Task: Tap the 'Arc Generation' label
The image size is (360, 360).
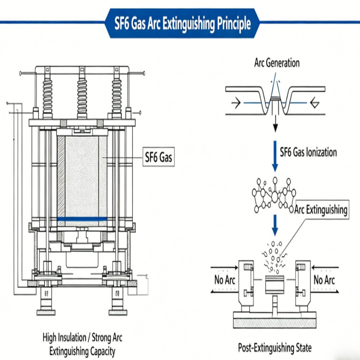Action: tap(276, 63)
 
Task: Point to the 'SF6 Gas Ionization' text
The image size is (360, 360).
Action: tap(308, 152)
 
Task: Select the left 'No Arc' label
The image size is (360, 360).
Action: tap(224, 280)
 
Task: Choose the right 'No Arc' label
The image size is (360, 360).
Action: tap(324, 280)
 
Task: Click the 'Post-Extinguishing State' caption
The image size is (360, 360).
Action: tap(275, 348)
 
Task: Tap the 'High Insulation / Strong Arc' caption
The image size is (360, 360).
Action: tap(82, 338)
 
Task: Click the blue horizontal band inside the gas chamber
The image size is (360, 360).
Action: tap(82, 219)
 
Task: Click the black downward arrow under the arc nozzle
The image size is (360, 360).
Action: tap(275, 124)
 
